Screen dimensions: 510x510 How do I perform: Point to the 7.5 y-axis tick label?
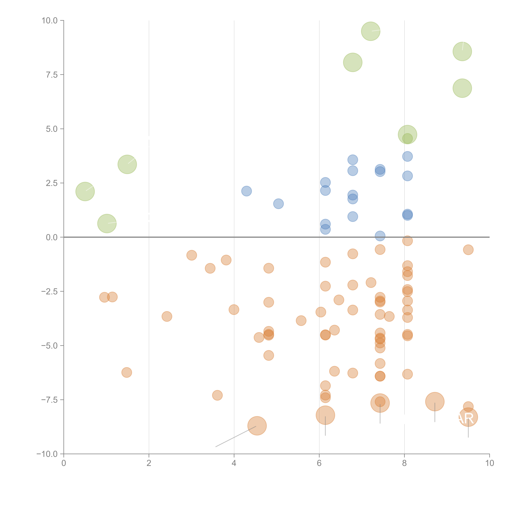52,75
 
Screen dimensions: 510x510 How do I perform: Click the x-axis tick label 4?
234,463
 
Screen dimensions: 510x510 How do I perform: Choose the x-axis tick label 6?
319,463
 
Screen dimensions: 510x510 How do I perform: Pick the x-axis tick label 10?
489,463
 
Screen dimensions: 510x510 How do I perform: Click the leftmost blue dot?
246,191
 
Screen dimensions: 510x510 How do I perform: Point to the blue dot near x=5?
278,203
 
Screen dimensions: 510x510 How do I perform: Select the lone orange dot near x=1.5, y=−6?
127,373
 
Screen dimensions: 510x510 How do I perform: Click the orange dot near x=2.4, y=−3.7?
167,316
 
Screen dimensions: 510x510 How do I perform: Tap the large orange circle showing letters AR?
468,417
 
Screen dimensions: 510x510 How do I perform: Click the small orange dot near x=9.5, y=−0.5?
468,250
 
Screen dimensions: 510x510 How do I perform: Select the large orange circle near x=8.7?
435,401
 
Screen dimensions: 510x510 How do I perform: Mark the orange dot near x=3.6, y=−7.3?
217,395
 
